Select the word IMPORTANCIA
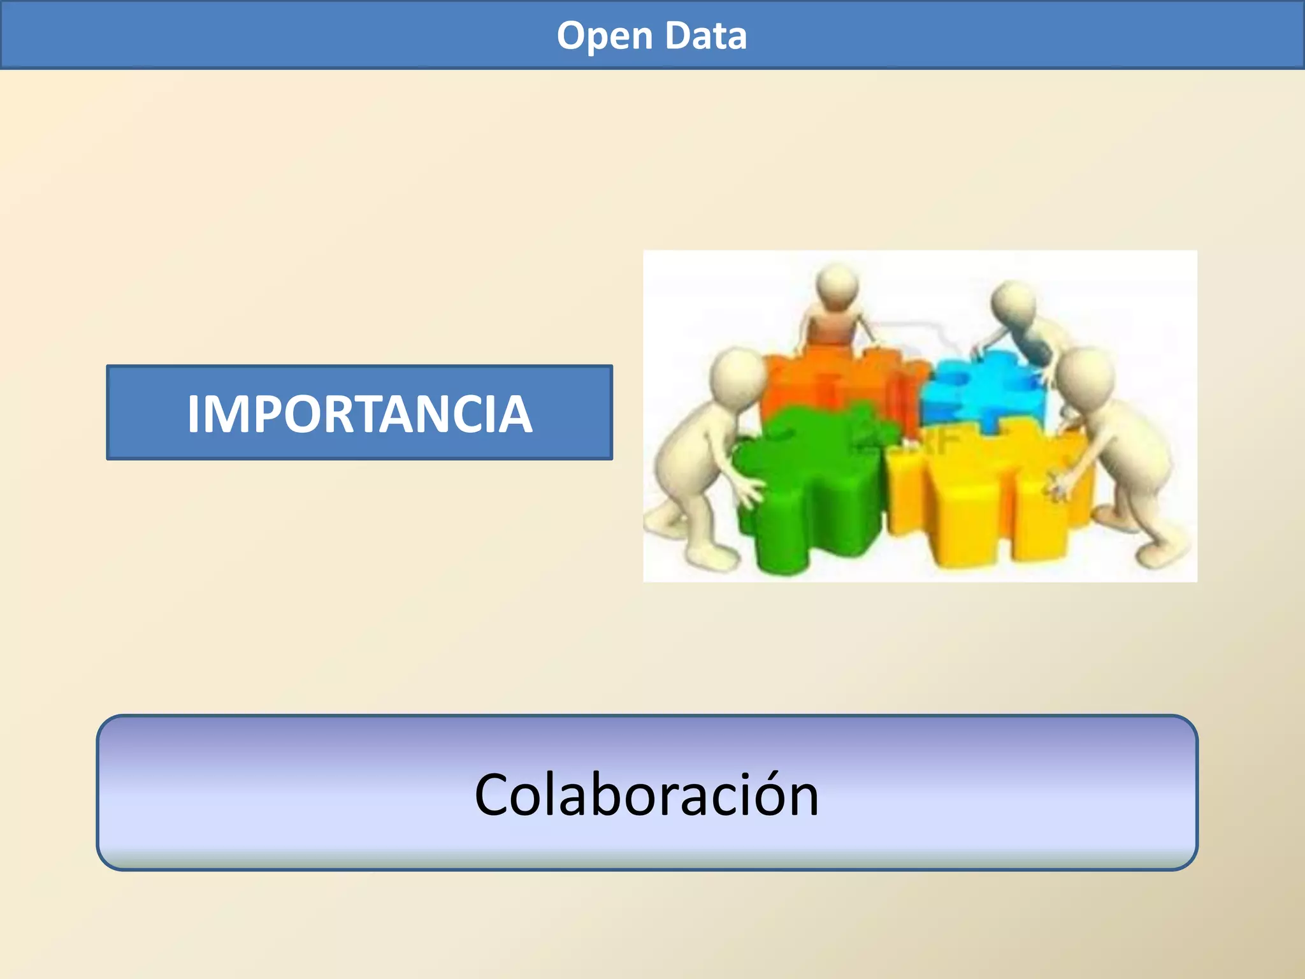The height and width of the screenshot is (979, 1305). (359, 414)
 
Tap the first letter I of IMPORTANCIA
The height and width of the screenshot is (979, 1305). (194, 414)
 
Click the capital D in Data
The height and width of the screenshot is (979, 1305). (677, 36)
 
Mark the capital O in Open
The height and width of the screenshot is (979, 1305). (572, 36)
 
